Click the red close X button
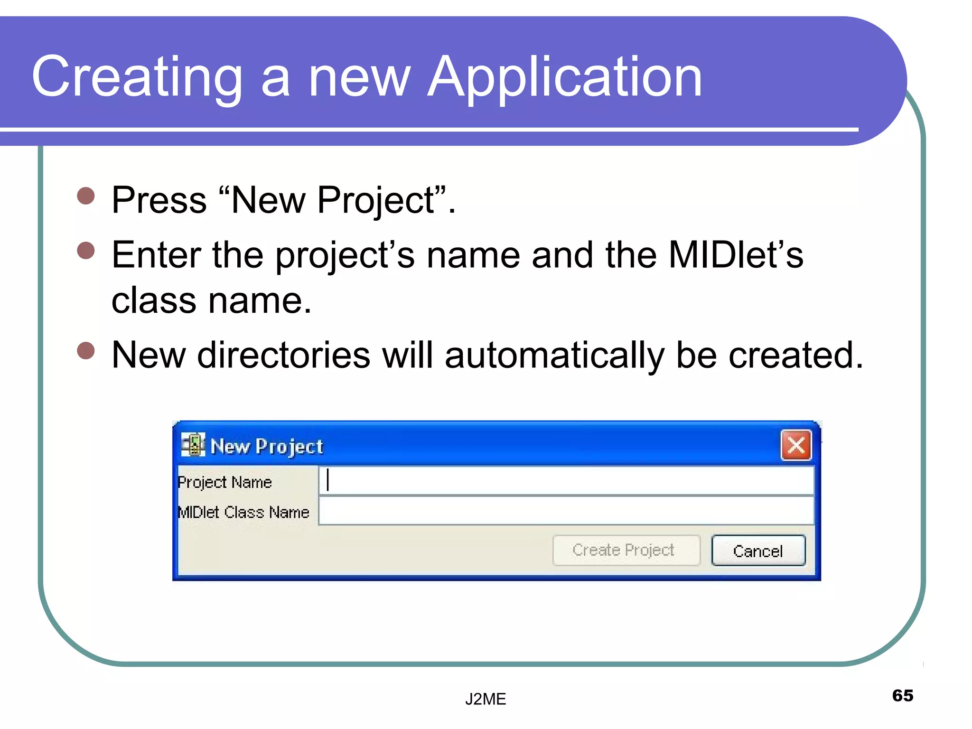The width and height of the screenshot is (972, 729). click(796, 445)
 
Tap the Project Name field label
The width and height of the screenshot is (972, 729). click(225, 482)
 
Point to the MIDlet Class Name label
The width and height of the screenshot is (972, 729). click(243, 512)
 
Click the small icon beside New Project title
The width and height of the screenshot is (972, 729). click(193, 445)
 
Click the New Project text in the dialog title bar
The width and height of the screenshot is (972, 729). click(267, 447)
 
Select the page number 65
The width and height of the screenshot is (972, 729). click(902, 695)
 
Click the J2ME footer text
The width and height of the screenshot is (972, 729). click(486, 699)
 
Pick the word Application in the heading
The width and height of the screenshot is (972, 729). click(564, 77)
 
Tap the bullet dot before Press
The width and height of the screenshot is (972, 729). click(86, 196)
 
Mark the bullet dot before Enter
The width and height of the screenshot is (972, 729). click(86, 250)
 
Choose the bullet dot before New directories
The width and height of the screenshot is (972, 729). click(86, 351)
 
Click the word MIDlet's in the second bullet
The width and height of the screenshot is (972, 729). click(736, 255)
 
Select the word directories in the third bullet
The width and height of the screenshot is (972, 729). click(283, 355)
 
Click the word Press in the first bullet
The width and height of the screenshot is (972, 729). click(159, 200)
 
